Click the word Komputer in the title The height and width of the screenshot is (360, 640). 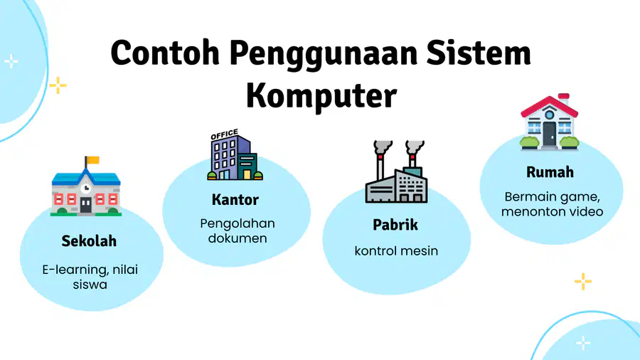(x=321, y=96)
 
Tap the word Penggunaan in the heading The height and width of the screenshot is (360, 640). (x=324, y=53)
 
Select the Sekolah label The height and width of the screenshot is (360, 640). (x=89, y=240)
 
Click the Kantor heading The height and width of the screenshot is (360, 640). (x=235, y=200)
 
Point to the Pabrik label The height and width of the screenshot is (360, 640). (x=395, y=225)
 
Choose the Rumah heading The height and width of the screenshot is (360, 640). (x=550, y=172)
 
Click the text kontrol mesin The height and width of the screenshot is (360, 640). (x=396, y=250)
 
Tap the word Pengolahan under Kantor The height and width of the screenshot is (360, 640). (x=238, y=223)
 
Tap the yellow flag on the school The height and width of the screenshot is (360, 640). (x=93, y=159)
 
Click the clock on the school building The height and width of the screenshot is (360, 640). (x=86, y=188)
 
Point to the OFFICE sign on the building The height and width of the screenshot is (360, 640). (x=225, y=134)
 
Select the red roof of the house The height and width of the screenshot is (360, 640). (x=550, y=105)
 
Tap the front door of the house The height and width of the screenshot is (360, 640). (x=550, y=134)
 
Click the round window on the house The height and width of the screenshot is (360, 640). (x=550, y=115)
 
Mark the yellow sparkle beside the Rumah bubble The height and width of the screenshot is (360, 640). (x=583, y=281)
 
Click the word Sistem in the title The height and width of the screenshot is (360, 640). (x=479, y=53)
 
